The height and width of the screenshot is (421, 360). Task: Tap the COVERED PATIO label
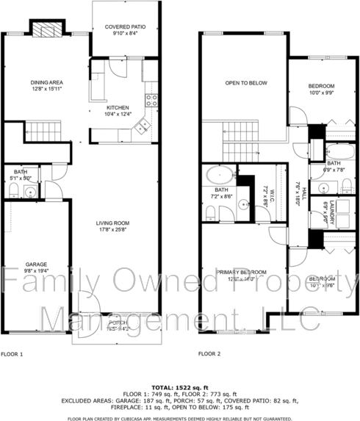coord(125,26)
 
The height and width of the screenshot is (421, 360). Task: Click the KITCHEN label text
coord(118,108)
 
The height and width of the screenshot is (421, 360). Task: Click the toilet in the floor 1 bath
coord(12,192)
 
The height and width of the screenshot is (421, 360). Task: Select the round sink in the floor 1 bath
coord(29,193)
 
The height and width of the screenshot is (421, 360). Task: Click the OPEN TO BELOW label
coord(246,82)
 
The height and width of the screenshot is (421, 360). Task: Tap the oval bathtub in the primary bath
coord(219,176)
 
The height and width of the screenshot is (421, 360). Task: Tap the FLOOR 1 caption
coord(12,353)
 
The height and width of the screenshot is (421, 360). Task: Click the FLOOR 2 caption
coord(209,353)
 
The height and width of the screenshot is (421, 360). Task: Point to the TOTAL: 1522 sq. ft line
coord(179,386)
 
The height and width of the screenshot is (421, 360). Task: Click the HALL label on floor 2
coord(300,190)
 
